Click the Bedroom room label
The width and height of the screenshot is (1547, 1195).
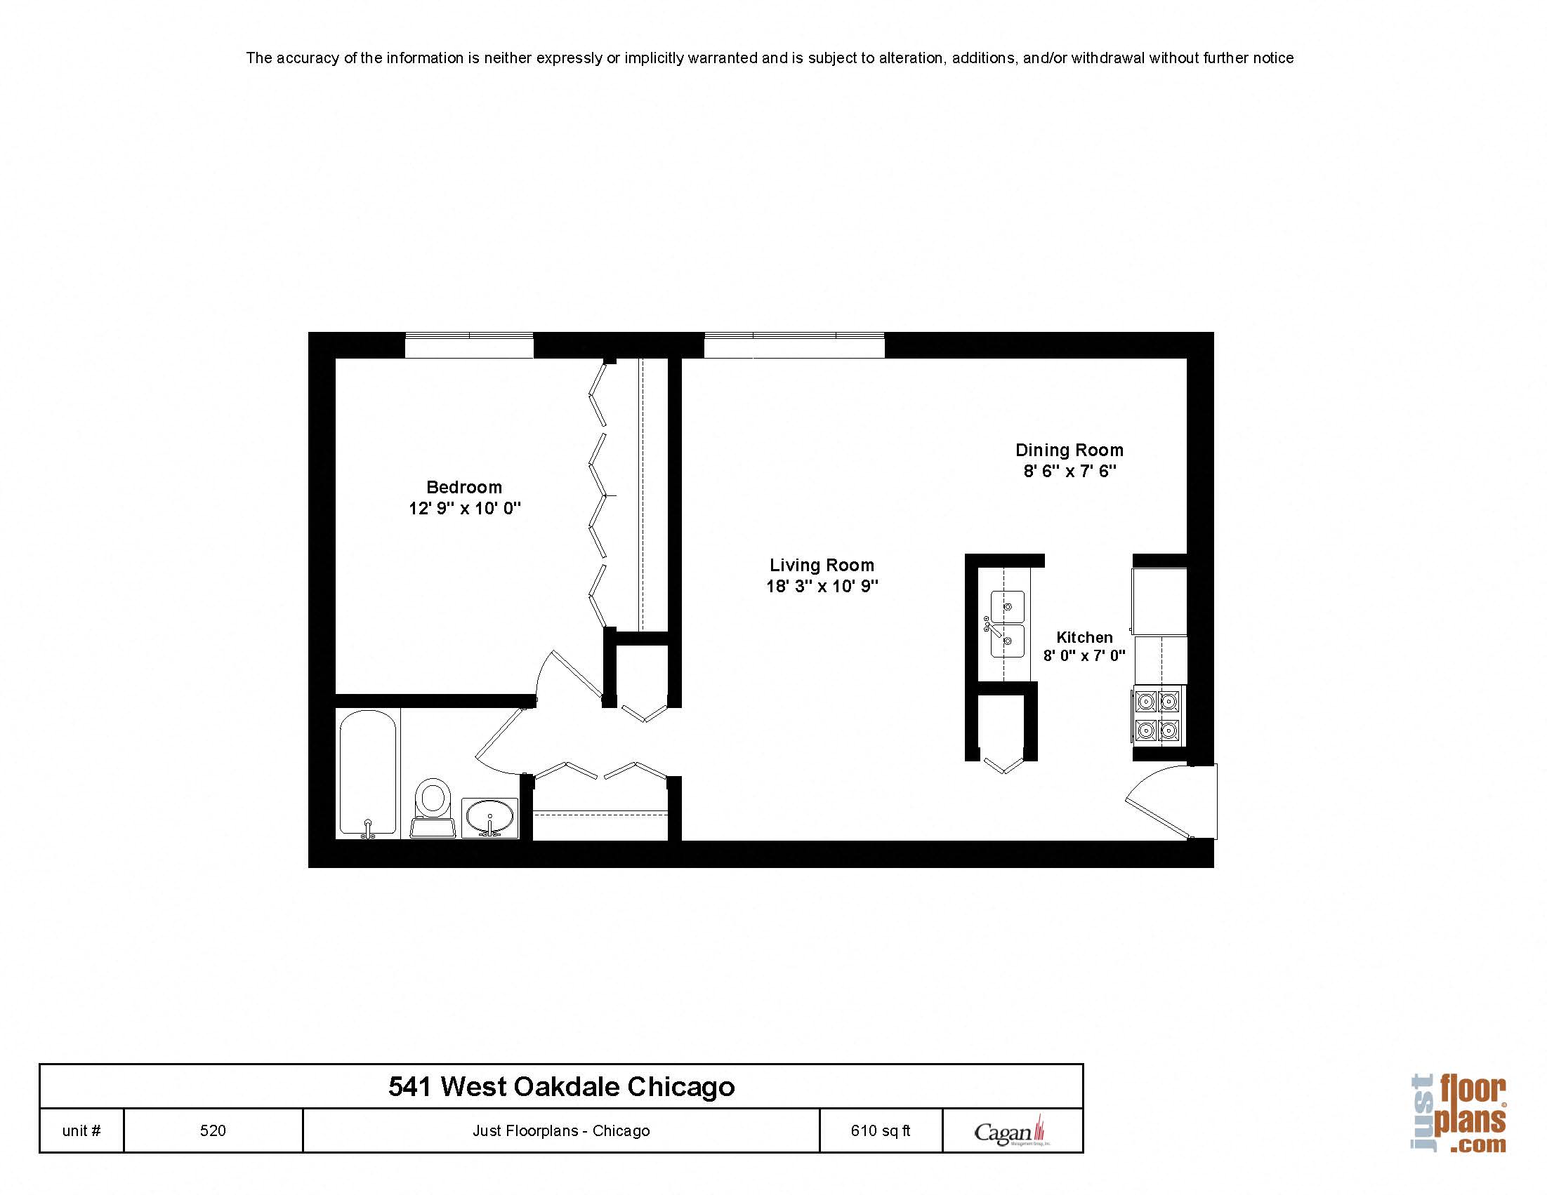[464, 487]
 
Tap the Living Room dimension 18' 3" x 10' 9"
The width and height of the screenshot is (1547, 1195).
[822, 586]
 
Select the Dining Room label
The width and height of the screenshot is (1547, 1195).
[1069, 450]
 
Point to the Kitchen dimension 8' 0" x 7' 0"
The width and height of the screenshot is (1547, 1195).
[1084, 656]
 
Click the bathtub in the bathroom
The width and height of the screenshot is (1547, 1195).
[368, 773]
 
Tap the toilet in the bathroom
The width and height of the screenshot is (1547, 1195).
[432, 806]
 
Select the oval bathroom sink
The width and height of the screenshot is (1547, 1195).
[489, 817]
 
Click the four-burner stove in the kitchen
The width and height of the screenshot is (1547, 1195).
[1158, 715]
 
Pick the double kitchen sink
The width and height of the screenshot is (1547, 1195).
[1006, 624]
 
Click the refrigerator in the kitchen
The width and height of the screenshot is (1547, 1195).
[1159, 601]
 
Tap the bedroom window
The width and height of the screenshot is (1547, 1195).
[469, 345]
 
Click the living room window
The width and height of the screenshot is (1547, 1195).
[794, 345]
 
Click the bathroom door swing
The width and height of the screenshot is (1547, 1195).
[503, 743]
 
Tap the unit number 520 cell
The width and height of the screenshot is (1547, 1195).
[213, 1130]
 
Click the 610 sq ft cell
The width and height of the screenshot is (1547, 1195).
[881, 1130]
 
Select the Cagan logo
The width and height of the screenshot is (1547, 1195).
[1011, 1131]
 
